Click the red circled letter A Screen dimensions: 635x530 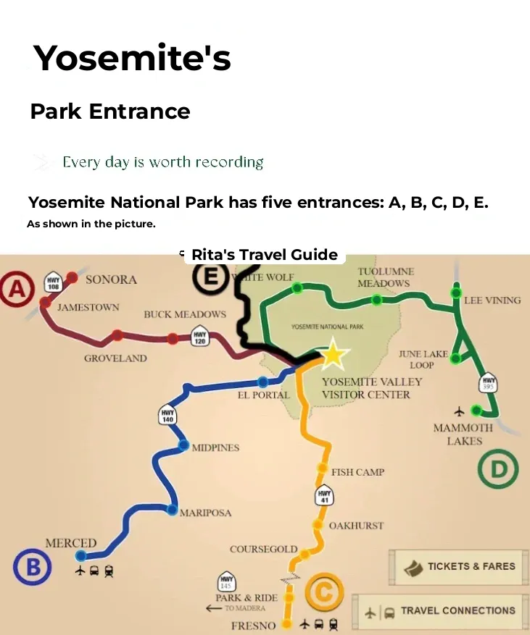(17, 290)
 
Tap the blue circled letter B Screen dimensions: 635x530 (33, 566)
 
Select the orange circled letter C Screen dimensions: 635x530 (323, 593)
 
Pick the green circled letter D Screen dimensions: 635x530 (499, 469)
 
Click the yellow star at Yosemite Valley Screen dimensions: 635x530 (333, 354)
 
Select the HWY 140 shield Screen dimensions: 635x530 (167, 416)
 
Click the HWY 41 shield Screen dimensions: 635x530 (324, 496)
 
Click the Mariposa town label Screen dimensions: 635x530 (205, 513)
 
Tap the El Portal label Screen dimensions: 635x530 (263, 395)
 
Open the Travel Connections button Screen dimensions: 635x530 (442, 611)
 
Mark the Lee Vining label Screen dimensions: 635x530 (492, 300)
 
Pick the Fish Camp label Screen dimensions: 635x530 (357, 472)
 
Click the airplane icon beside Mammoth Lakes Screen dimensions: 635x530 (458, 411)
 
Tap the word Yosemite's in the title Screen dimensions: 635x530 (132, 57)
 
